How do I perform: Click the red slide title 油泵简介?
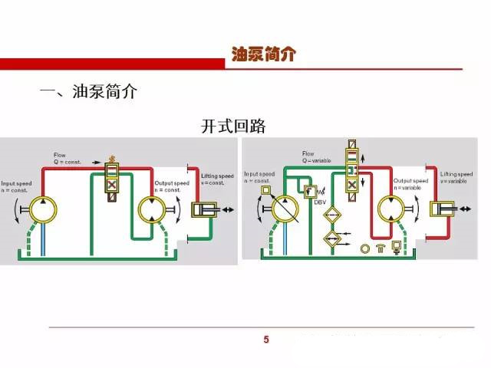click(262, 54)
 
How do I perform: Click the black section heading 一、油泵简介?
click(88, 93)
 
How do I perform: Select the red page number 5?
click(266, 339)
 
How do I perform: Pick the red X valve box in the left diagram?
click(112, 185)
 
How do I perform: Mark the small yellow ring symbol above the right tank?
click(366, 248)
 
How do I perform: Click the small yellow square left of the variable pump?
click(266, 189)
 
